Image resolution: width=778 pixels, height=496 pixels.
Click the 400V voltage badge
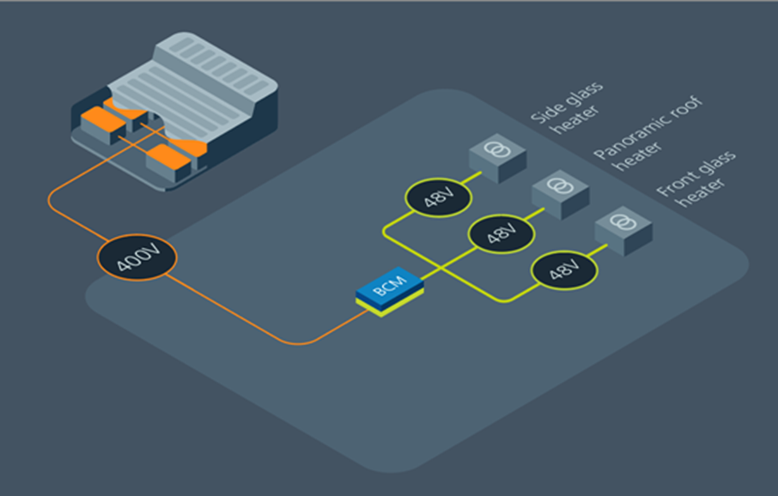coord(137,257)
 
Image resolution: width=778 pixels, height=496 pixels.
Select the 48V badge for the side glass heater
coord(438,197)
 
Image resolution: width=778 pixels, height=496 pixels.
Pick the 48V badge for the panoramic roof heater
coord(501,233)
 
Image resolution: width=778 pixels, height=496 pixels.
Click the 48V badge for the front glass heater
coord(564,271)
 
